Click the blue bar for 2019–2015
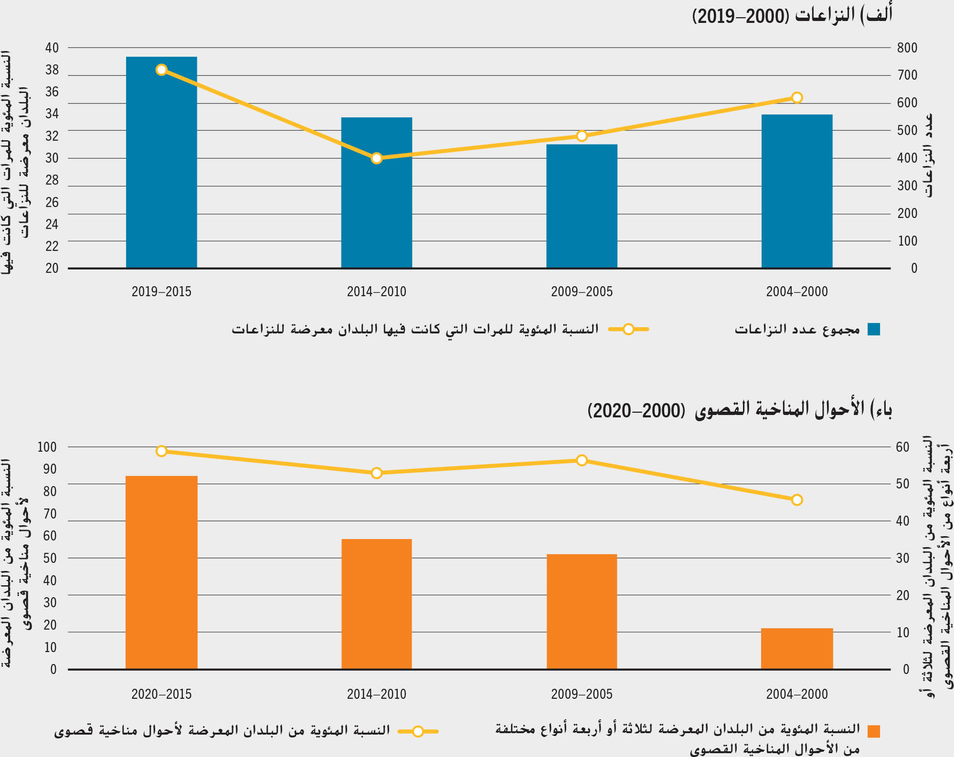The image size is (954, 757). [161, 162]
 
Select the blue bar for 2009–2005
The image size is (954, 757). [582, 206]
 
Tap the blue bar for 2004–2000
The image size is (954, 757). [796, 191]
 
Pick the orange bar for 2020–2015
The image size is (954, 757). [161, 572]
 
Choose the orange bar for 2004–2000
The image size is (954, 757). [796, 649]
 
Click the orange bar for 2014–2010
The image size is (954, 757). [376, 604]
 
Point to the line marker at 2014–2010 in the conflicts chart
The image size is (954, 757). [376, 158]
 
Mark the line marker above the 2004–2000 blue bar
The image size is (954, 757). [796, 98]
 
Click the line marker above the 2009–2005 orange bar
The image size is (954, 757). [582, 460]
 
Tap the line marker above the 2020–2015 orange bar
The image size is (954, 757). [161, 451]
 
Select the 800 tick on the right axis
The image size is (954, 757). [907, 48]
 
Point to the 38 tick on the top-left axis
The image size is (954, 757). [52, 70]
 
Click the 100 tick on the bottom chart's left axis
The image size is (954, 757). [47, 447]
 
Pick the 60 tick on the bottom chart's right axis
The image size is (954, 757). [902, 447]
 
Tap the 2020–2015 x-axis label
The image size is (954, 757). [161, 694]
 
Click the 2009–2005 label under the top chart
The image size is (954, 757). [582, 291]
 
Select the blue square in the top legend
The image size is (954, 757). [873, 329]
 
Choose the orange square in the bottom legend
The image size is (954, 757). [873, 731]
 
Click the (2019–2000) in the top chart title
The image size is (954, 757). [741, 16]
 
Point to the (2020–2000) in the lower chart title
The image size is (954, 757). [636, 410]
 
